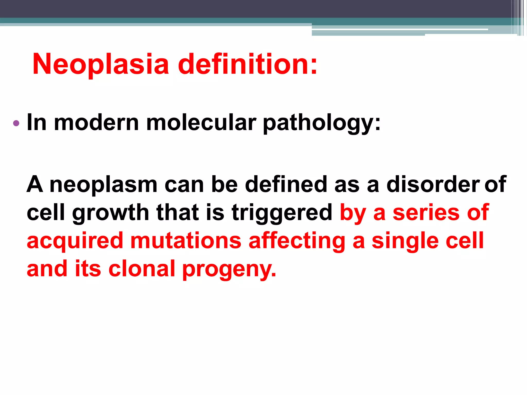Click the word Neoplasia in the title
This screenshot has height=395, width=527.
[x=101, y=64]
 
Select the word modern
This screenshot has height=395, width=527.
[x=96, y=123]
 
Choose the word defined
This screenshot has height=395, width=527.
[x=286, y=184]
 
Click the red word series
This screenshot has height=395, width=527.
[x=426, y=212]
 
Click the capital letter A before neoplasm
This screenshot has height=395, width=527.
[x=35, y=184]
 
